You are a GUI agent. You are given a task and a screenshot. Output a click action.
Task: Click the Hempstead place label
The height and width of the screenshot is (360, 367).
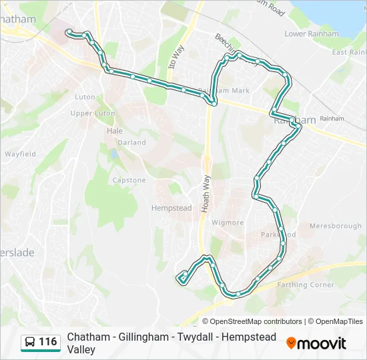point(171,208)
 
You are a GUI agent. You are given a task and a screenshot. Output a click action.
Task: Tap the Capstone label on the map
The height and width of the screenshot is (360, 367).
point(129,180)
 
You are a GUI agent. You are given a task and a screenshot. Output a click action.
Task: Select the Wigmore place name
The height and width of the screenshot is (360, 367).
point(228,222)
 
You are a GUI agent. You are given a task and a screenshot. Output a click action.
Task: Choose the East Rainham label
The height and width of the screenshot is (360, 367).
point(349,52)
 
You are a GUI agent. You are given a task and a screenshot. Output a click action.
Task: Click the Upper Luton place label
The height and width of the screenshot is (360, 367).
point(93,113)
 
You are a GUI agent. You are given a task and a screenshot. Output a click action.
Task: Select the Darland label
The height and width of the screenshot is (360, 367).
point(131,142)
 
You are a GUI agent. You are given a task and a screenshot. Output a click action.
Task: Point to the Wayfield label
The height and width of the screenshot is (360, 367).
point(20,154)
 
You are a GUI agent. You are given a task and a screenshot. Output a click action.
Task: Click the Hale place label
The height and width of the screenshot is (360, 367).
point(115,131)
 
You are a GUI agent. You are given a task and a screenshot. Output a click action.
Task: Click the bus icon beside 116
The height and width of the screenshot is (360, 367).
point(30,342)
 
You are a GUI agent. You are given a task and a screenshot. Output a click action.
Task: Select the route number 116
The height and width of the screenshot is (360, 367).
point(48,342)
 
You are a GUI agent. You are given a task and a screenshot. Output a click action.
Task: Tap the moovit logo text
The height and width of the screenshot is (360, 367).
point(322,343)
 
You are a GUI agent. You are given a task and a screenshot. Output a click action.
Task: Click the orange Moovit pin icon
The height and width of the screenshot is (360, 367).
point(291,343)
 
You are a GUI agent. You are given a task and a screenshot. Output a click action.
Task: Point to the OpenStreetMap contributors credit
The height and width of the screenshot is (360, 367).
point(256,321)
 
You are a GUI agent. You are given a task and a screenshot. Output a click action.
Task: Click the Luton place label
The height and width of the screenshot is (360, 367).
point(85,97)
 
